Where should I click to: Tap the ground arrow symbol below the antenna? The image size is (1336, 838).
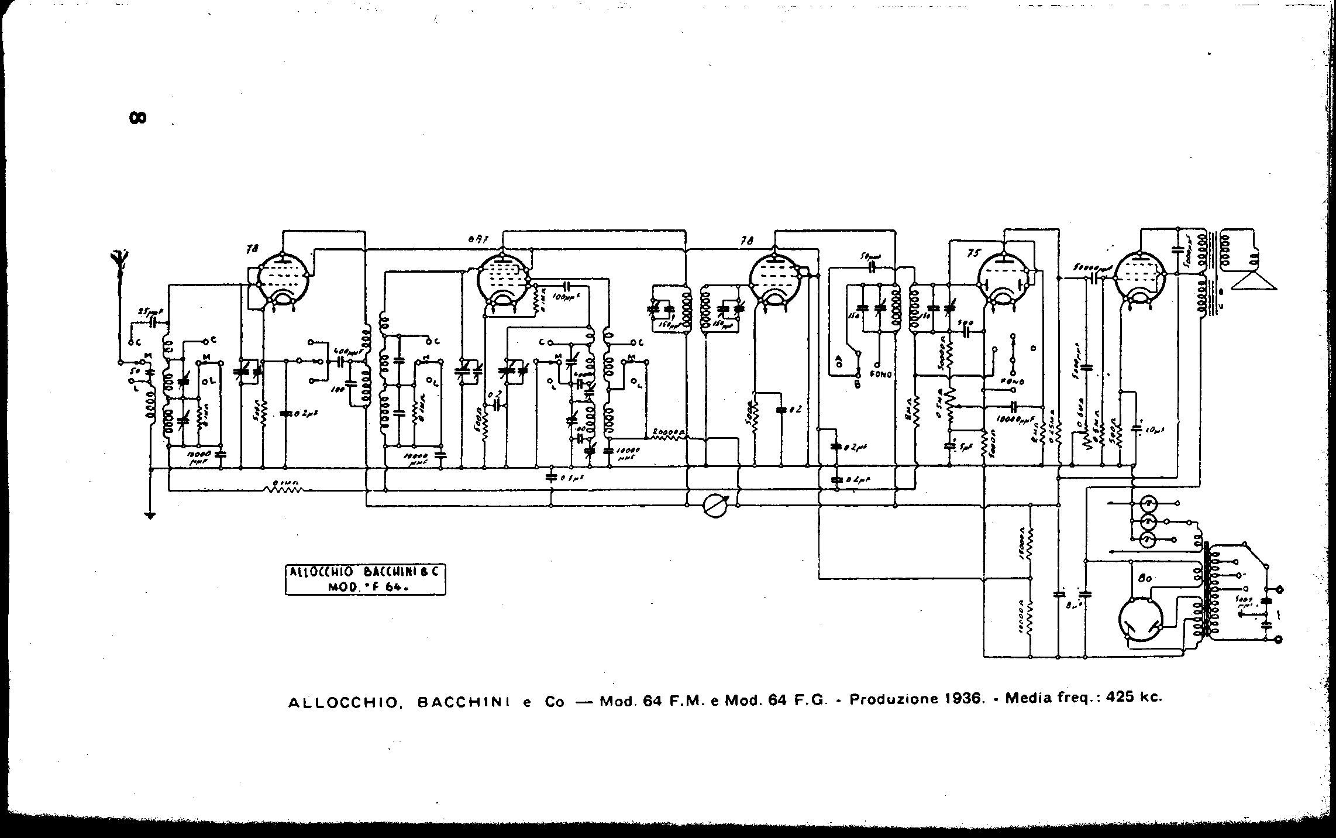click(x=151, y=516)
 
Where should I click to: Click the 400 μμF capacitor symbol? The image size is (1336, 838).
click(x=339, y=360)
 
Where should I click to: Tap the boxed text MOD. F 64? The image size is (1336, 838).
click(x=365, y=588)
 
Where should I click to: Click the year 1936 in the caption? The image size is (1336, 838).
click(x=960, y=699)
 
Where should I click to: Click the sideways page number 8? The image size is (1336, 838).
click(x=137, y=118)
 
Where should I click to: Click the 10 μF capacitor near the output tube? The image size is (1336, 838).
click(x=1137, y=429)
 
